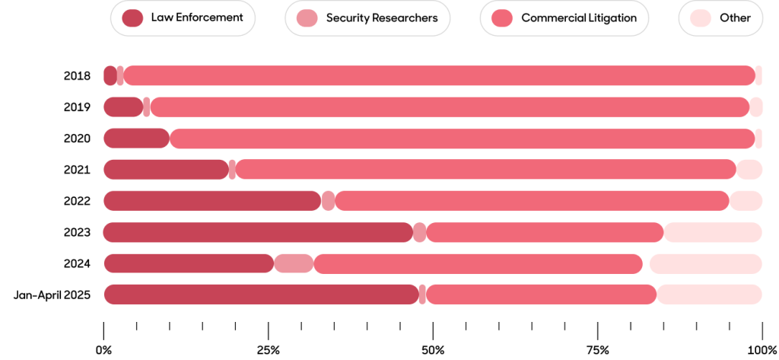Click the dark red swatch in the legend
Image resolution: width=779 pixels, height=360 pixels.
click(132, 18)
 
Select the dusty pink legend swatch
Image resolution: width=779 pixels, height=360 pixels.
click(307, 18)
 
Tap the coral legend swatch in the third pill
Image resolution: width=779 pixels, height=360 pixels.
click(502, 18)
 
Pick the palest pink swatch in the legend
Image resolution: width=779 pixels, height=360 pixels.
click(701, 18)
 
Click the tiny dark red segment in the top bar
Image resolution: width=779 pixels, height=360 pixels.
click(110, 75)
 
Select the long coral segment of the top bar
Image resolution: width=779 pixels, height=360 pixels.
click(440, 75)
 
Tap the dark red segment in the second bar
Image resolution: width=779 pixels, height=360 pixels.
click(122, 107)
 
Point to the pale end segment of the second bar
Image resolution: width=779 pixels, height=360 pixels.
click(756, 107)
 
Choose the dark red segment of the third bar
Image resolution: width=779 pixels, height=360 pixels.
click(136, 138)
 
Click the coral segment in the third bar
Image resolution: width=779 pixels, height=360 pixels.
click(463, 138)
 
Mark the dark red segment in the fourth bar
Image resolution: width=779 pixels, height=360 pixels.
click(166, 169)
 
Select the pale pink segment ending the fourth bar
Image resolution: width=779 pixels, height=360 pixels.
click(749, 169)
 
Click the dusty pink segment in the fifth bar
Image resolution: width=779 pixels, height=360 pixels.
click(329, 200)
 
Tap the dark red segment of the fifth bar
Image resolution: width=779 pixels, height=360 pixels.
click(212, 200)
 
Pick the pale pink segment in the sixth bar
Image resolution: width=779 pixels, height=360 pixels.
click(713, 232)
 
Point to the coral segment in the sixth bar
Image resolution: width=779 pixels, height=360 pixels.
click(545, 232)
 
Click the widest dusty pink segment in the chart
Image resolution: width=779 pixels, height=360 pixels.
click(294, 263)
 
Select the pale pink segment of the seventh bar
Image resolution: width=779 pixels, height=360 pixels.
click(705, 263)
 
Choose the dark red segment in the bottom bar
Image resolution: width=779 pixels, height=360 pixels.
click(261, 294)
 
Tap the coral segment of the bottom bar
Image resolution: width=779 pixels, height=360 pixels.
click(542, 294)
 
